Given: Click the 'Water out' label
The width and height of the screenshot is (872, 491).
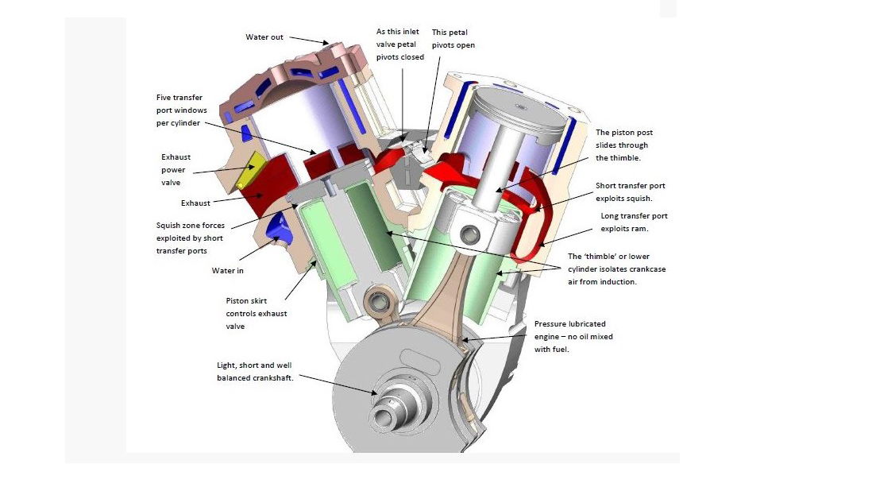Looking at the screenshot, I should pyautogui.click(x=264, y=37).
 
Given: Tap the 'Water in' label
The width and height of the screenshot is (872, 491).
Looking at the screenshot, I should pyautogui.click(x=227, y=270).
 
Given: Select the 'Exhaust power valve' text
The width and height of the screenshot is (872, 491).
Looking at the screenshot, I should pyautogui.click(x=176, y=169).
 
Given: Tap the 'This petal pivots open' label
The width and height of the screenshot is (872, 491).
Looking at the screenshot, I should pyautogui.click(x=453, y=39).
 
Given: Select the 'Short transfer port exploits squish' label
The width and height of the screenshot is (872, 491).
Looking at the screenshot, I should pyautogui.click(x=631, y=191).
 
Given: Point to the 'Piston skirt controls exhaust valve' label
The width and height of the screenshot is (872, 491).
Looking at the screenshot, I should pyautogui.click(x=257, y=314).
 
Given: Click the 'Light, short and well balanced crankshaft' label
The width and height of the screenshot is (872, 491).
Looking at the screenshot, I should pyautogui.click(x=255, y=371).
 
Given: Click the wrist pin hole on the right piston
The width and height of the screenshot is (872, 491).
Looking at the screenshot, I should pyautogui.click(x=471, y=234).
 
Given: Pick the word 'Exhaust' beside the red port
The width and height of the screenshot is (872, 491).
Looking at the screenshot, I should pyautogui.click(x=196, y=203).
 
